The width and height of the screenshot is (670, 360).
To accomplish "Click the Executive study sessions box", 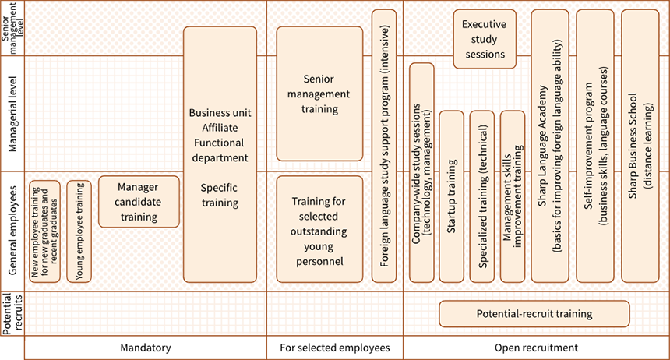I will coord(485,40).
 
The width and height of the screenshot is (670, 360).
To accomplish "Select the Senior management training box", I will coord(319,94).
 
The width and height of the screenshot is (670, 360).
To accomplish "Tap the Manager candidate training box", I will coord(139,201).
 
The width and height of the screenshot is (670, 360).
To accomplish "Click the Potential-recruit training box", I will coord(534,314).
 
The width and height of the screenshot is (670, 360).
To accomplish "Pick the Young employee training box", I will coord(79,231).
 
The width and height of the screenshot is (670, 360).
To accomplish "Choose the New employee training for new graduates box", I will coord(44,231).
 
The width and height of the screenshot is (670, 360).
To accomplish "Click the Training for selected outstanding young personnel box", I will coord(319,228).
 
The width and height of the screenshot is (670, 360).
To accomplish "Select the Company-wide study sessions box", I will coord(421,172).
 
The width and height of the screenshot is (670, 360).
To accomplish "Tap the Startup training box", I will coord(451,196).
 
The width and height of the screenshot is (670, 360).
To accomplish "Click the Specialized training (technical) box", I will coord(482,196).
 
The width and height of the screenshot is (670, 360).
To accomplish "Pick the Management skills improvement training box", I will coord(512,196).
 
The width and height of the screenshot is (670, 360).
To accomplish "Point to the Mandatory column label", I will coord(146,348).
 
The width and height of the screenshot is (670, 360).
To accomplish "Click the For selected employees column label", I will coord(334,348).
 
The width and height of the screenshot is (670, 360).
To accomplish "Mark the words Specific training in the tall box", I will coord(220,195).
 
